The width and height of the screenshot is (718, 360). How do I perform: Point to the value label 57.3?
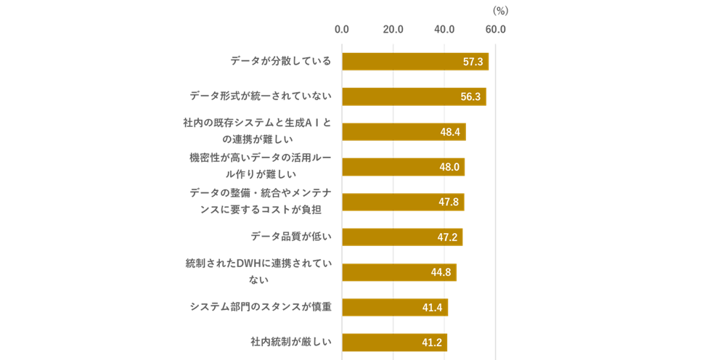[473, 62]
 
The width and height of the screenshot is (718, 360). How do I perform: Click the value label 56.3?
[470, 97]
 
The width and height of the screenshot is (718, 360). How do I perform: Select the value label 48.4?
[450, 132]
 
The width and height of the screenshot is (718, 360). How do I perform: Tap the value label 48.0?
[449, 167]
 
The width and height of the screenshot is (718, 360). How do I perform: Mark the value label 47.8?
[449, 202]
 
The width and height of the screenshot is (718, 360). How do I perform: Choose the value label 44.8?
[441, 272]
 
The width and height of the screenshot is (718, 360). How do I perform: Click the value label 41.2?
[432, 343]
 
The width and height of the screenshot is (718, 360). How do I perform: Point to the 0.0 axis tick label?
[341, 30]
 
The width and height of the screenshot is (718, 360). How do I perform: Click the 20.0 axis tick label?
[393, 30]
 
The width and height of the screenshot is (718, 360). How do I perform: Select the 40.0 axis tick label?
[444, 30]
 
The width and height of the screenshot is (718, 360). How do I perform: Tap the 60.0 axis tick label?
[496, 30]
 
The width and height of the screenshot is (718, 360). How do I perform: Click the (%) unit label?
[500, 10]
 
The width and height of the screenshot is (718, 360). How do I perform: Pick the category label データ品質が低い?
[290, 237]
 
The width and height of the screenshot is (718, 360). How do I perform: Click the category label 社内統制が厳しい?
[290, 341]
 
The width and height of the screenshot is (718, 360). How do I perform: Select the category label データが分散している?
[280, 61]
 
